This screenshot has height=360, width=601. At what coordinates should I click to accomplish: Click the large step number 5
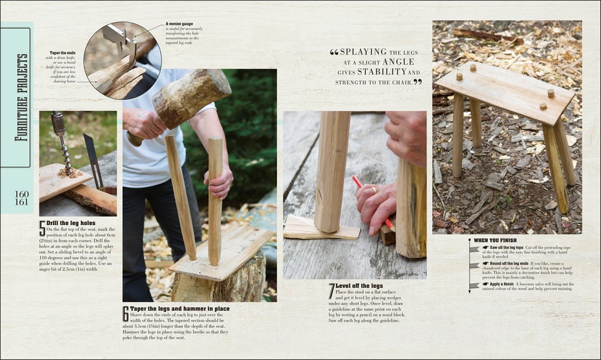[42, 227]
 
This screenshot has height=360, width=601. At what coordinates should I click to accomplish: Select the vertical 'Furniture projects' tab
[23, 97]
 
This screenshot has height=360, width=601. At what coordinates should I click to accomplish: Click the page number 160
[21, 194]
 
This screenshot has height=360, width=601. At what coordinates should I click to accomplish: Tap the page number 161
[21, 202]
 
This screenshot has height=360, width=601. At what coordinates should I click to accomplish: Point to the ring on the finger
[373, 190]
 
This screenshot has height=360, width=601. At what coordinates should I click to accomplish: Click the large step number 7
[331, 291]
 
